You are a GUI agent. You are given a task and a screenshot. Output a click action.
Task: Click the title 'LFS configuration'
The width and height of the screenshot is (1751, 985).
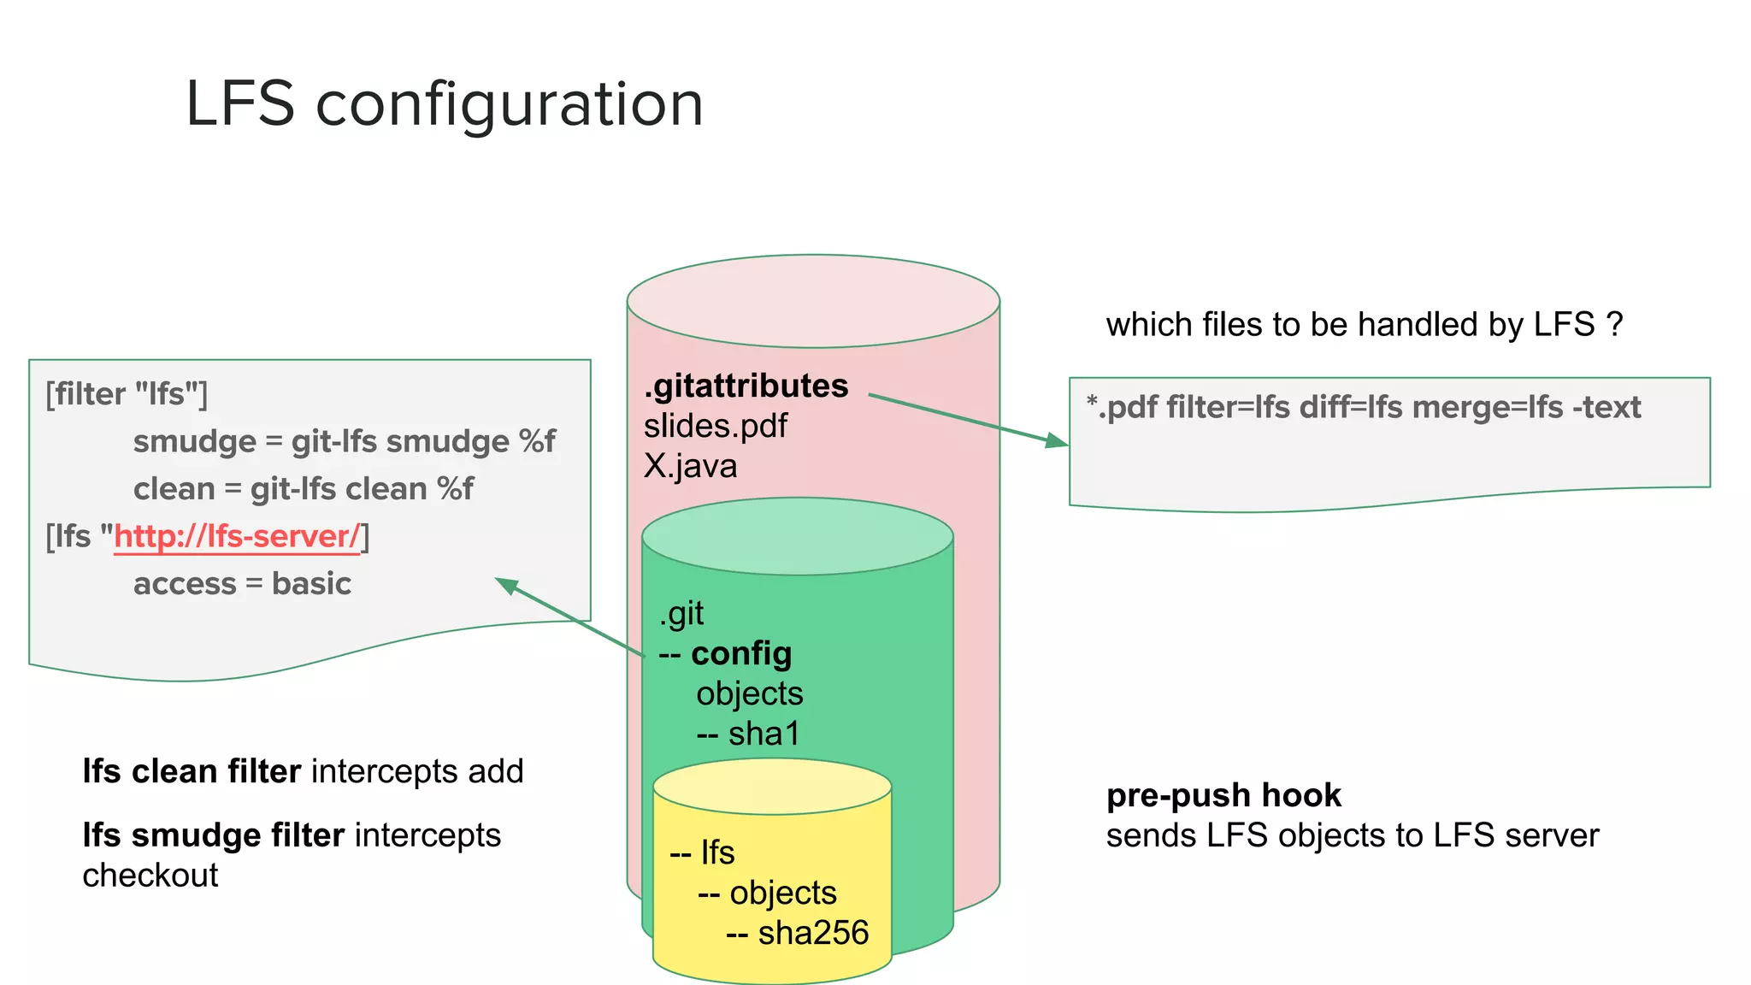(445, 104)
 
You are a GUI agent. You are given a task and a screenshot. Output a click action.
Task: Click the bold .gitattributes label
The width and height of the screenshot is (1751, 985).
(746, 386)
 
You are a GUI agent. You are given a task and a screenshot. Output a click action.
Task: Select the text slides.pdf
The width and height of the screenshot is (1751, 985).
(715, 426)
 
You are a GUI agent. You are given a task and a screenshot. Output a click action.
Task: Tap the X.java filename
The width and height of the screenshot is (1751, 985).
(690, 466)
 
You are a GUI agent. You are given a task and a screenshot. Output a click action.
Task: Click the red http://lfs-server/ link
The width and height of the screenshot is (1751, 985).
(237, 536)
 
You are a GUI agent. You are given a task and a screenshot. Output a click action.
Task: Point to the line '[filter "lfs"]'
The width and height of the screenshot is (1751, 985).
(127, 394)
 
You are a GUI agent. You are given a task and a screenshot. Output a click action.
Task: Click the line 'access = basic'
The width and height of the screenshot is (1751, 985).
(242, 583)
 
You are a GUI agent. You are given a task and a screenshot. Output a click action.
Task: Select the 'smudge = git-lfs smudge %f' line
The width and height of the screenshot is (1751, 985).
(344, 441)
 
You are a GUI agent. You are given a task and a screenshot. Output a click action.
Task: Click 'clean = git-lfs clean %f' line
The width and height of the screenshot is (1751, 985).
(303, 488)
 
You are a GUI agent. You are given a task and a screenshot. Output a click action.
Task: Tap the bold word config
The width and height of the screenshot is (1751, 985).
(740, 653)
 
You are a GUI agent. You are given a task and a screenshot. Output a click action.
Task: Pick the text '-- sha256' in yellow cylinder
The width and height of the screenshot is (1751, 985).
(797, 933)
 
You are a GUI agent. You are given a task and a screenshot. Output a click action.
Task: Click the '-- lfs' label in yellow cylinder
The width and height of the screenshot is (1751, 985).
(702, 852)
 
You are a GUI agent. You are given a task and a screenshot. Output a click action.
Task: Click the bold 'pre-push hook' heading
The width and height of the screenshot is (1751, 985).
(1223, 795)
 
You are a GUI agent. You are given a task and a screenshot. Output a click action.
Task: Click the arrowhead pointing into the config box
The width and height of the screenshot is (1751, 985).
(506, 585)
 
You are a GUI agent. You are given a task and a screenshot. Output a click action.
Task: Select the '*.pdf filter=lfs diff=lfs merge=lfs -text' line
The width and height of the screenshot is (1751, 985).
(1363, 407)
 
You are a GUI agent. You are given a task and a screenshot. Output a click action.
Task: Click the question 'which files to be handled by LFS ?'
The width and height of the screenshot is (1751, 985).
(1364, 325)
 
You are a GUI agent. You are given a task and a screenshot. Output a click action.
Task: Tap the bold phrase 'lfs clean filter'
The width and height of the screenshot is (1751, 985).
(192, 771)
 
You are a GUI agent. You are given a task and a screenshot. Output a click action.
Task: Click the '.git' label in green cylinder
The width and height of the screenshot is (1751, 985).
(681, 613)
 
